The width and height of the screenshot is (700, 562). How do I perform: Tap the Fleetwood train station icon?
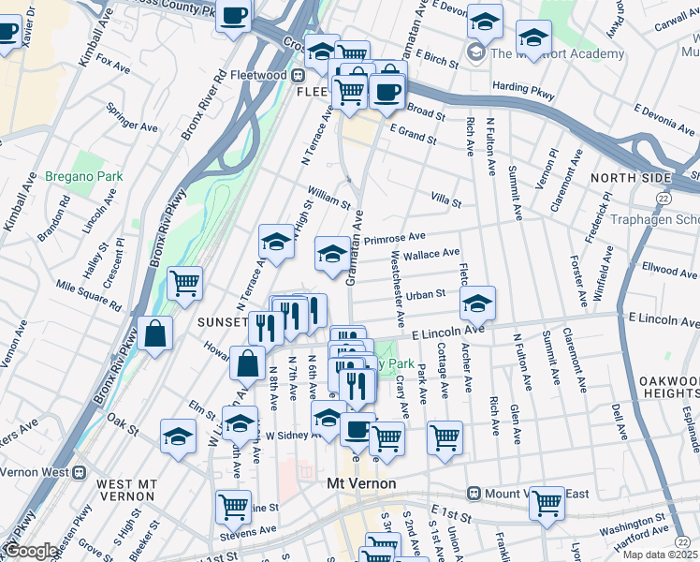(299, 75)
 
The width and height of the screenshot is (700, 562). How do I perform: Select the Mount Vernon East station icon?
(474, 493)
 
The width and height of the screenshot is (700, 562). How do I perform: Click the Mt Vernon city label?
(362, 483)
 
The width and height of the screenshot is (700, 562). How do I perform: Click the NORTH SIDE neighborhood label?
(631, 177)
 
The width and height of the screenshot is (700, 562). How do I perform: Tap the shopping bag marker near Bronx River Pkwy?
(157, 333)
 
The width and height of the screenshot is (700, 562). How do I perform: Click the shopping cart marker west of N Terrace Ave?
(184, 281)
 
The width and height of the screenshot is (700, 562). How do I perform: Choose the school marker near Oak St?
(178, 435)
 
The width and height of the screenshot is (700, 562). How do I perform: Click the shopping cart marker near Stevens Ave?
(233, 506)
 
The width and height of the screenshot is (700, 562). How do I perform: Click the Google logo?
(30, 551)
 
